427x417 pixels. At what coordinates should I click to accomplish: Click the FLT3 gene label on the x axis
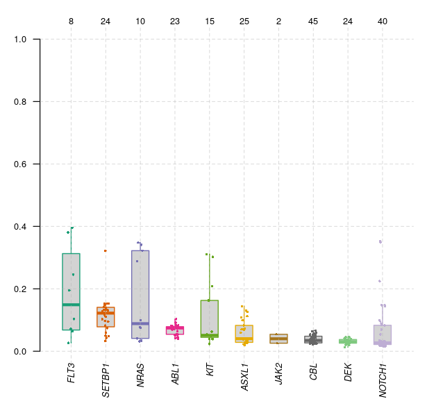(71, 373)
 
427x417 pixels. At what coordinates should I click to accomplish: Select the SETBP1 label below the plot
(106, 379)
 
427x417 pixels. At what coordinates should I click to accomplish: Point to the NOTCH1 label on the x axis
(383, 379)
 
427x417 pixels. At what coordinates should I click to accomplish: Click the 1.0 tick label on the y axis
(21, 39)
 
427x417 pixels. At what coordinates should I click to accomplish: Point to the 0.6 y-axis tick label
(21, 164)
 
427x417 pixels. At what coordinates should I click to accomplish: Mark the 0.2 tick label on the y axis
(21, 289)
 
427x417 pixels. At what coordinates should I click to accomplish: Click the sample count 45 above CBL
(313, 22)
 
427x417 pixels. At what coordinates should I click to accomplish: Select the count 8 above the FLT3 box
(71, 22)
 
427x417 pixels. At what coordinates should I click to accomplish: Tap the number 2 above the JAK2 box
(278, 22)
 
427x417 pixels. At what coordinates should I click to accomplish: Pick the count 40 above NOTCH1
(383, 22)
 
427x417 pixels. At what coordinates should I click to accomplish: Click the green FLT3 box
(71, 278)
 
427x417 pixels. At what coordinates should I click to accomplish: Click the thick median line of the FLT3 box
(71, 305)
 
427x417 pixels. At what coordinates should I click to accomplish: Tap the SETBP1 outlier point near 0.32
(106, 250)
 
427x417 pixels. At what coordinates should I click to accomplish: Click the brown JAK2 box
(278, 339)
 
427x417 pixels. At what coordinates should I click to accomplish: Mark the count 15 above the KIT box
(210, 22)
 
